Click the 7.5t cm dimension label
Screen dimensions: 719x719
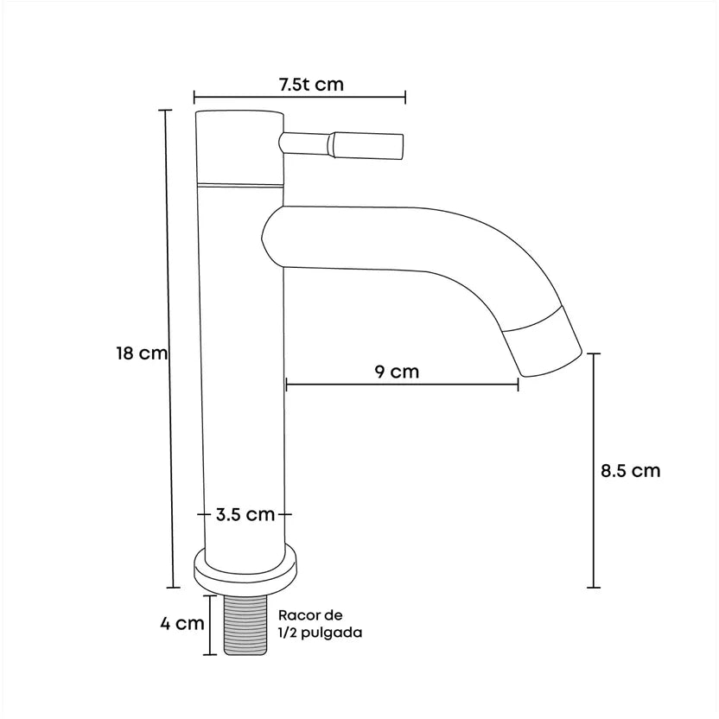coord(311,85)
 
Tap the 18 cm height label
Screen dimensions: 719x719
coord(142,353)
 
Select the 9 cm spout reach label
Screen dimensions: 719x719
coord(398,372)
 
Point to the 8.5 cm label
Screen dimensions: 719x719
coord(631,471)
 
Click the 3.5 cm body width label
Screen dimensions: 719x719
coord(245,514)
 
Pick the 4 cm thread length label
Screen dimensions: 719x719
coord(182,624)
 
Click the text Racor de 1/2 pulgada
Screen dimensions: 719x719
coord(320,624)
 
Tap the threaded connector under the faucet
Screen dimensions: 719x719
coord(245,625)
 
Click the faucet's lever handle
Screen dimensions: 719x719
coord(341,145)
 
